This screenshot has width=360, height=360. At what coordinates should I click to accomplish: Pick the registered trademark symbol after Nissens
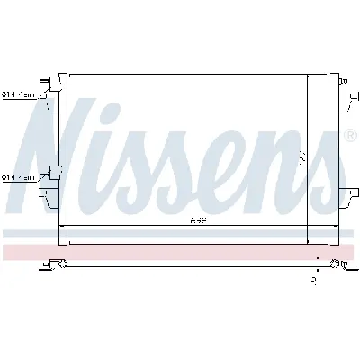348,138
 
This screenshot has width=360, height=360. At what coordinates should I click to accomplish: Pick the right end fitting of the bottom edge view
337,264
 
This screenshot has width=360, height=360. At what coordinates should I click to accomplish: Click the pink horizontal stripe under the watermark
180,251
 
